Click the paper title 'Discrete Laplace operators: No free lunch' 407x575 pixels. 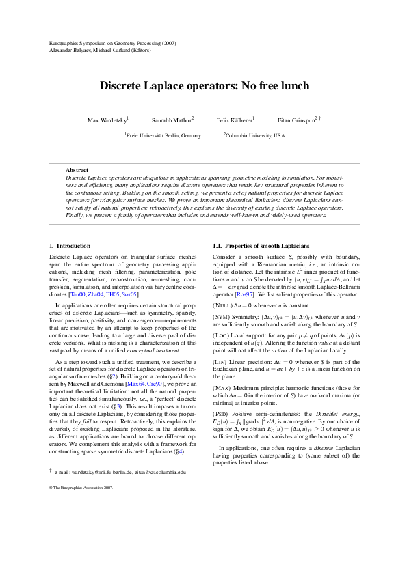click(204, 86)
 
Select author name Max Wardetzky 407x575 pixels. click(107, 120)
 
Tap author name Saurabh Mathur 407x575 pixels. click(172, 120)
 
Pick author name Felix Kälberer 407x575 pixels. click(235, 120)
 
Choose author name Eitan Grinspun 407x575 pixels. click(296, 120)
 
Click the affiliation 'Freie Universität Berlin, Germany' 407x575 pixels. click(163, 136)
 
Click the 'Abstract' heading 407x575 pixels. click(77, 170)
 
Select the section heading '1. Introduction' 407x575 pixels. click(70, 245)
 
